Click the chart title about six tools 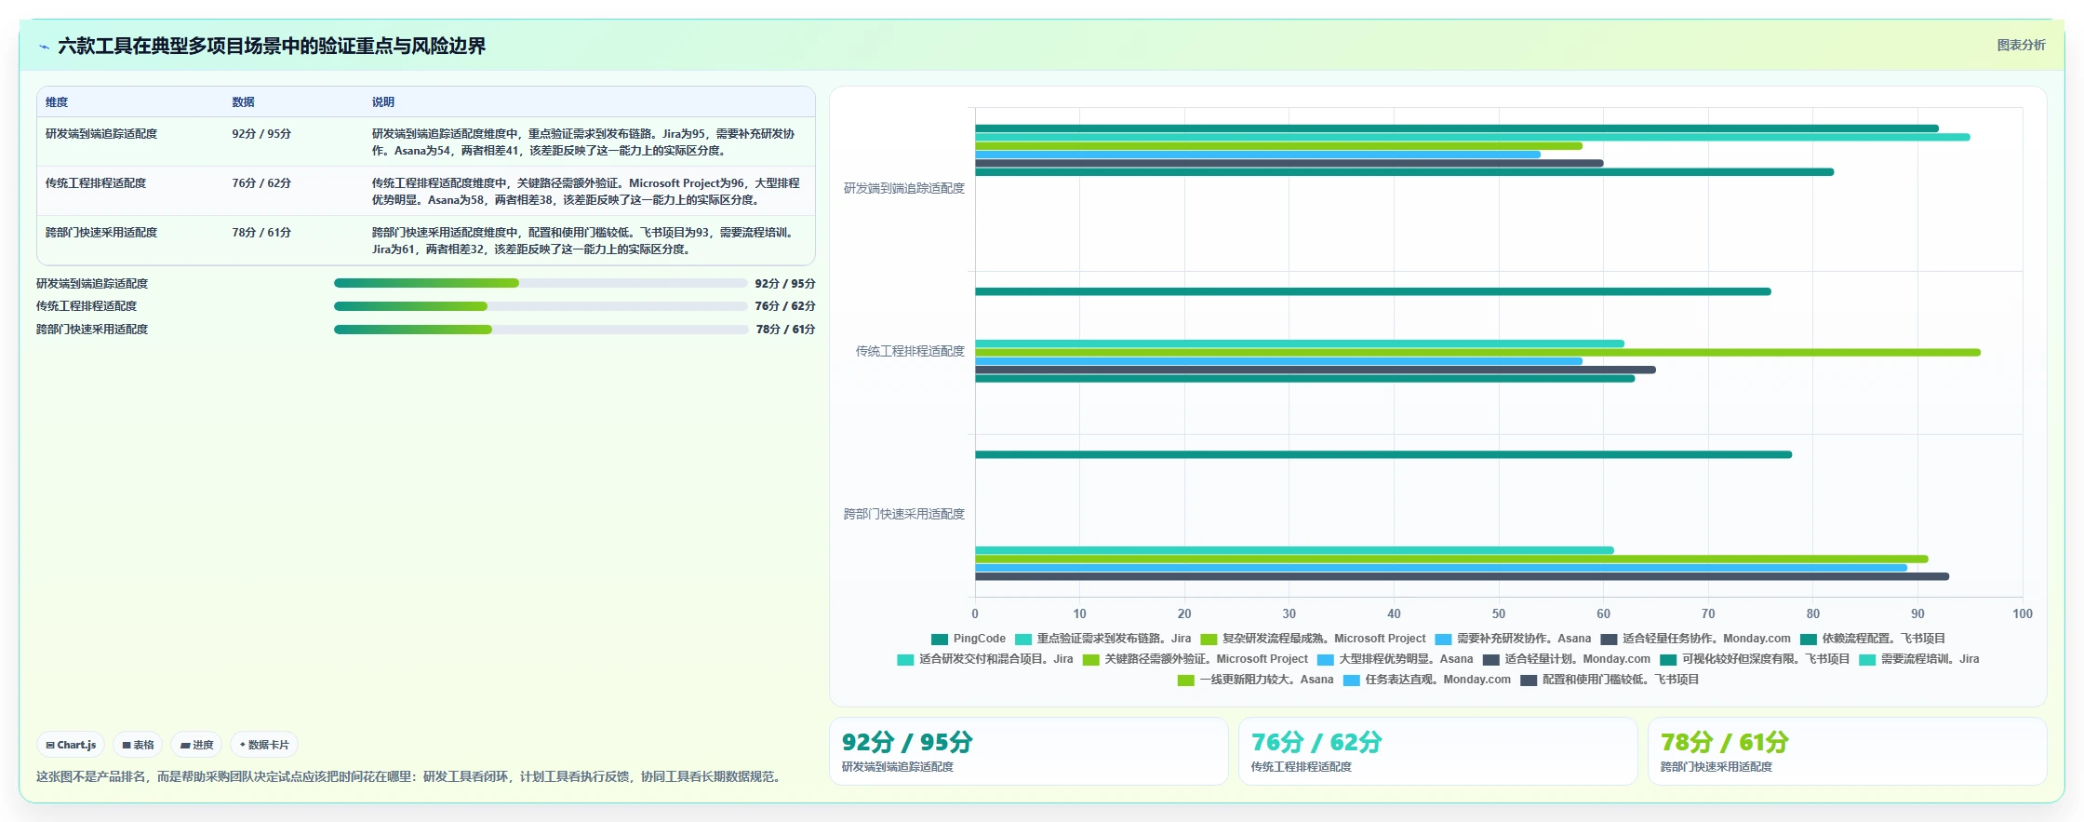(x=272, y=46)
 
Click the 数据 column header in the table (x=243, y=102)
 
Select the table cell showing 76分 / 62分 (x=261, y=183)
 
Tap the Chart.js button (x=71, y=745)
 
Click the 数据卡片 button (x=264, y=745)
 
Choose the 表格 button (x=138, y=745)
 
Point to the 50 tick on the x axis (x=1499, y=613)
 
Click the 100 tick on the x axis (x=2023, y=613)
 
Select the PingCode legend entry (x=969, y=639)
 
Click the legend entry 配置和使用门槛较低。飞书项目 (x=1610, y=680)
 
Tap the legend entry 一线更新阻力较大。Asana (x=1255, y=680)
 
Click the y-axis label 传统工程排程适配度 (x=910, y=351)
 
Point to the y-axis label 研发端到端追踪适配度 (x=904, y=188)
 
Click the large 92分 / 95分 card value (x=907, y=742)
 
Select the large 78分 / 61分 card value (x=1724, y=742)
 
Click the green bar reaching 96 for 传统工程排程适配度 (x=1477, y=353)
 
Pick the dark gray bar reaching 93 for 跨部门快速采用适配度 (x=1462, y=577)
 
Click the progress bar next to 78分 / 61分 (x=541, y=330)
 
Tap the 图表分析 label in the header (x=2021, y=45)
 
